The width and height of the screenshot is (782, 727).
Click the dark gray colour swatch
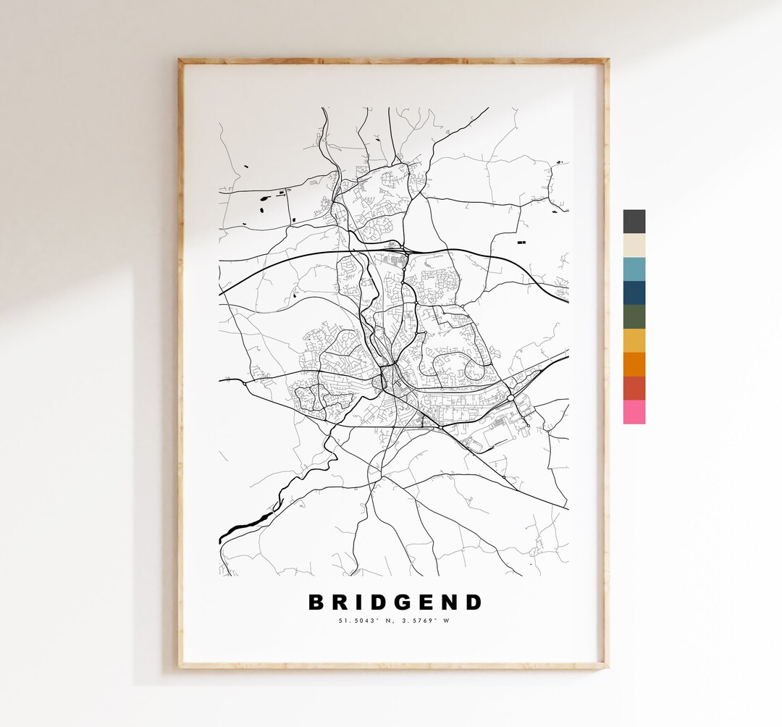coord(634,221)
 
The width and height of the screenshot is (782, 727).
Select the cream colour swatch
coord(634,245)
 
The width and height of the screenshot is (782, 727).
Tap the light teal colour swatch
coord(634,269)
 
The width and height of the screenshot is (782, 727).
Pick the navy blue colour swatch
coord(634,293)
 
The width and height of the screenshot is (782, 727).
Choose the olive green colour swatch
coord(634,316)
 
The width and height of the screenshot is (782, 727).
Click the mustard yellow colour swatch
coord(634,340)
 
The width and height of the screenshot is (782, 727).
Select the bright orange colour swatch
coord(634,364)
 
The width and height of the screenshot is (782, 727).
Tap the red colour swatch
coord(634,388)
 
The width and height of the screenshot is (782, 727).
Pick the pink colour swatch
coord(634,412)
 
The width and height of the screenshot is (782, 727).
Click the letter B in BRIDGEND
coord(316,602)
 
